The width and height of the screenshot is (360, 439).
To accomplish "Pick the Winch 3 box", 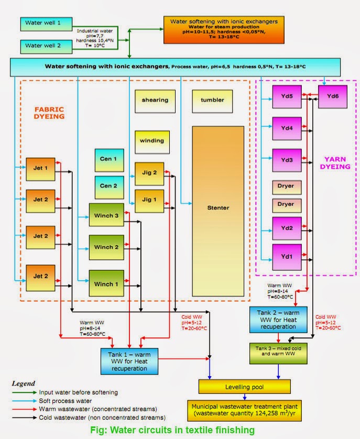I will coord(106,215).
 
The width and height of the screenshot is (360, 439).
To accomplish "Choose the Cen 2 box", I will coord(109,186).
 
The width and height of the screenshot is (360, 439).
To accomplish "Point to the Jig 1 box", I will coord(149,200).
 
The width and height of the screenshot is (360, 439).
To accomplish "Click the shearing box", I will coord(155,101).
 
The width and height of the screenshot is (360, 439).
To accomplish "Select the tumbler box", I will coord(212,101).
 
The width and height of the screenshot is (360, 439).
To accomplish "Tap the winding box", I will coord(152,140).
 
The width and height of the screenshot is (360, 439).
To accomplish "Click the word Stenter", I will coord(218,208).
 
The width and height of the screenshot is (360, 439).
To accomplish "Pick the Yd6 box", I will coord(333,96).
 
